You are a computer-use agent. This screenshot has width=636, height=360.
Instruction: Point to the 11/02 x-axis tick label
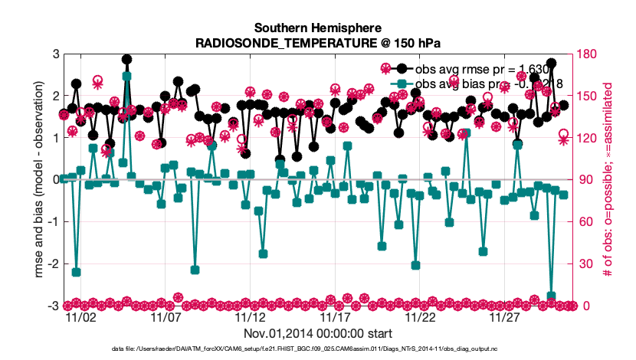80,316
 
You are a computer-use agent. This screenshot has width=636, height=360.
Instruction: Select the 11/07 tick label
166,316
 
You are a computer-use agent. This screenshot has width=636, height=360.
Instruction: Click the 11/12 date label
251,316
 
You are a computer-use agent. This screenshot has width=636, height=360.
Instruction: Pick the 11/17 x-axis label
336,316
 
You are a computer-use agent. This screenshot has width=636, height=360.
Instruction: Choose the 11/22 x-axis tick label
421,316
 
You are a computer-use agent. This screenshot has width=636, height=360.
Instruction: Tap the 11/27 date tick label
506,316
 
